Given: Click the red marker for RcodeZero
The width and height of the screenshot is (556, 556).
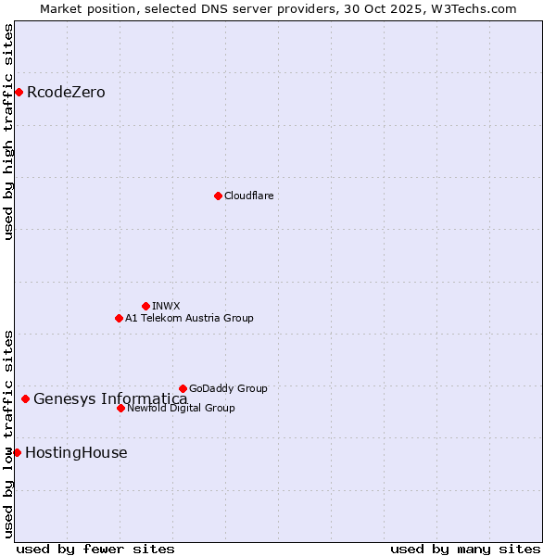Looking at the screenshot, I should tap(19, 92).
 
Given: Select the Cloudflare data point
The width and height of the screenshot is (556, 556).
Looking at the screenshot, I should tap(218, 196).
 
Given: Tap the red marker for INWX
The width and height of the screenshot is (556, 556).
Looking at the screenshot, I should tap(145, 306).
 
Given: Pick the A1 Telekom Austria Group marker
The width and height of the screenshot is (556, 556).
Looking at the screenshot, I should tap(119, 318).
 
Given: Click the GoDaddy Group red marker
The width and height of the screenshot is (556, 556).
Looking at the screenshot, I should tap(183, 388).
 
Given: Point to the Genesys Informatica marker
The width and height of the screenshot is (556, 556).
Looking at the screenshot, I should tap(25, 398).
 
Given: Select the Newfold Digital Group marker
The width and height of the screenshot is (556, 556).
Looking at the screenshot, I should tap(120, 408).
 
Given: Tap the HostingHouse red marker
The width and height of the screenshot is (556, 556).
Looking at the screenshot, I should tap(17, 452).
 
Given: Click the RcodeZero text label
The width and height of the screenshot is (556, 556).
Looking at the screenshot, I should tap(66, 93).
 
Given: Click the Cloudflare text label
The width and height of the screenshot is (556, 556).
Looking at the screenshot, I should tap(248, 196).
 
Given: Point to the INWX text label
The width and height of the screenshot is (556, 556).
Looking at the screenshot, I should tap(166, 307).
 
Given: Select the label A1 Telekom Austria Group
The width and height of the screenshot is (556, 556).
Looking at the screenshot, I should tap(189, 319).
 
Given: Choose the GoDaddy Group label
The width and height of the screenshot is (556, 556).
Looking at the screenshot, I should tap(228, 389).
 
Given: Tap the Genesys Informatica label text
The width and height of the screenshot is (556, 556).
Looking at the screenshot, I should tap(110, 399).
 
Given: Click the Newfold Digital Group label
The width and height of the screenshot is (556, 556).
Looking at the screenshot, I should tap(181, 409).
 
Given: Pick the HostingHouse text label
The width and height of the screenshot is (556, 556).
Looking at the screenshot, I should tap(76, 453).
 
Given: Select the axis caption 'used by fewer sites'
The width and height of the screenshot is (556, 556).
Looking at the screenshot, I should tap(95, 550).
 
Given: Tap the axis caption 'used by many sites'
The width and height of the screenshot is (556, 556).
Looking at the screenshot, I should tap(465, 550).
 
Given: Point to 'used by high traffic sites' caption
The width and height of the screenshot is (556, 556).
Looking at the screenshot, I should tap(8, 132).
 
